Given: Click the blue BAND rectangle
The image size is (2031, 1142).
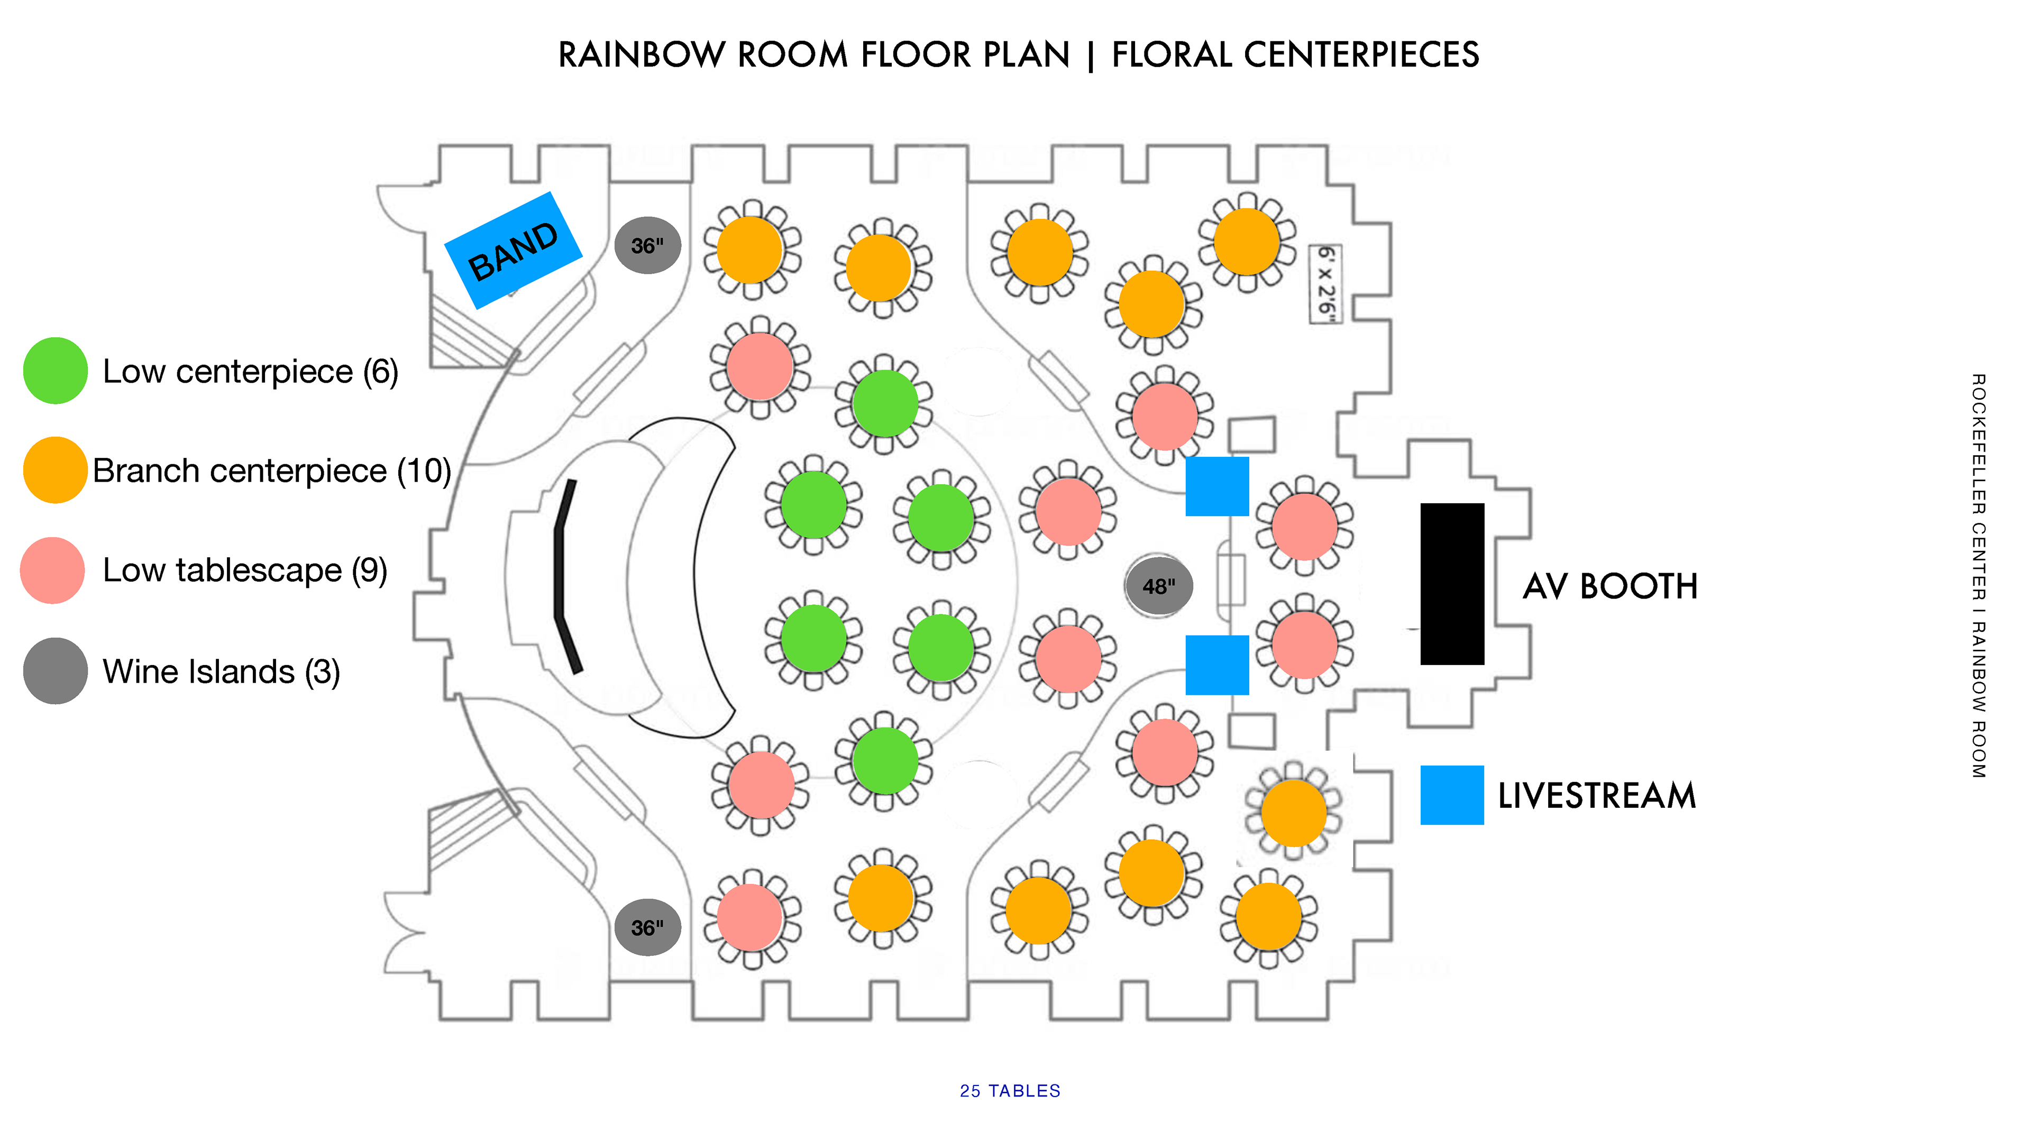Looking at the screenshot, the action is tap(513, 250).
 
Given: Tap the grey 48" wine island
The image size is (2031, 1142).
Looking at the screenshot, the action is tap(1158, 586).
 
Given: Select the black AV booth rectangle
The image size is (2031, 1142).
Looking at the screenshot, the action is tap(1452, 584).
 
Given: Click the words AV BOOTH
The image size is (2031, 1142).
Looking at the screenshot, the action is tap(1610, 586).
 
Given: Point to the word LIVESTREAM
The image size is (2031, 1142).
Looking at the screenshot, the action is tap(1597, 795).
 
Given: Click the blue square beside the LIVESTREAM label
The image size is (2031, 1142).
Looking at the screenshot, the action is tap(1452, 795).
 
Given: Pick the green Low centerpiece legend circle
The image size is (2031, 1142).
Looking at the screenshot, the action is tap(55, 371).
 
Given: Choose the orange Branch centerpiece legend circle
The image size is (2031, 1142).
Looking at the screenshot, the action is tap(55, 471).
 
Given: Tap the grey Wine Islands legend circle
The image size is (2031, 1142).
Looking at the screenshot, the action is tap(55, 671).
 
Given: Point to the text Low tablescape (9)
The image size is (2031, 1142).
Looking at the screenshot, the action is tap(245, 570).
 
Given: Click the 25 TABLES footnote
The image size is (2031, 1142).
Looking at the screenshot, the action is tap(1010, 1091).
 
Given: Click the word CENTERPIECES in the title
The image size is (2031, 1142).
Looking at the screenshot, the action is tap(1361, 55).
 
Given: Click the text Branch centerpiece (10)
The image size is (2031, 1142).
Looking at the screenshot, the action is tap(272, 471).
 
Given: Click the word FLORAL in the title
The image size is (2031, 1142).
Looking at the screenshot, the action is tap(1172, 55).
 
